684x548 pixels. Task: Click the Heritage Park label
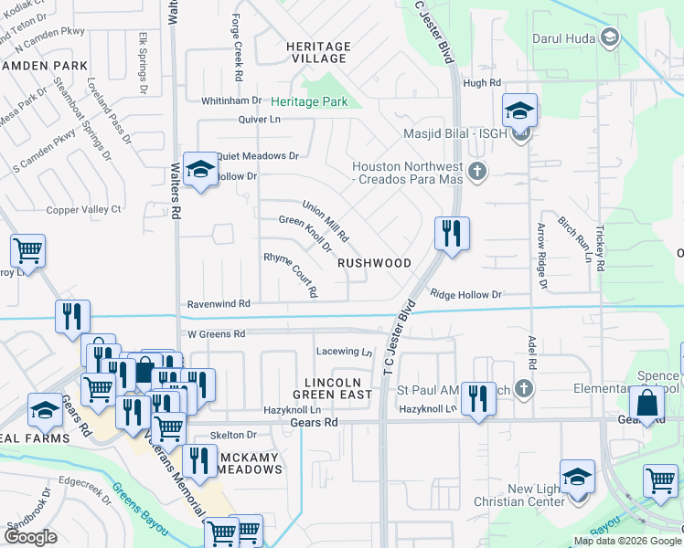pyautogui.click(x=309, y=102)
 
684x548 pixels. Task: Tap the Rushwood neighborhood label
pyautogui.click(x=375, y=263)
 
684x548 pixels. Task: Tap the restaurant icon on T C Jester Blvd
pyautogui.click(x=452, y=234)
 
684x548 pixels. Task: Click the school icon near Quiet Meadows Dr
pyautogui.click(x=199, y=169)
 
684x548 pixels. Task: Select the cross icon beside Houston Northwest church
pyautogui.click(x=476, y=171)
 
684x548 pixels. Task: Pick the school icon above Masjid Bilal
pyautogui.click(x=519, y=111)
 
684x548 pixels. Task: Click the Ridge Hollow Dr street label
pyautogui.click(x=466, y=295)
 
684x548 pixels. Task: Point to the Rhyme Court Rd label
pyautogui.click(x=290, y=274)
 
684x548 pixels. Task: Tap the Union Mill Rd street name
pyautogui.click(x=326, y=221)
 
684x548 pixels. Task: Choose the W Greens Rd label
pyautogui.click(x=215, y=334)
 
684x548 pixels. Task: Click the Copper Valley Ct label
pyautogui.click(x=84, y=210)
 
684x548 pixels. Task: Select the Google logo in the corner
pyautogui.click(x=30, y=537)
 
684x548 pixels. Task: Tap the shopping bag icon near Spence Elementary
pyautogui.click(x=647, y=404)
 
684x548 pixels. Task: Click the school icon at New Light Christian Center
pyautogui.click(x=577, y=478)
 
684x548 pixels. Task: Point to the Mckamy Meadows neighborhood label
pyautogui.click(x=238, y=463)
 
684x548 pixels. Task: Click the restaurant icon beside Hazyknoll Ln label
pyautogui.click(x=477, y=398)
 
